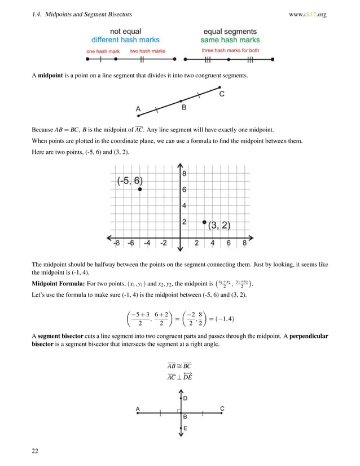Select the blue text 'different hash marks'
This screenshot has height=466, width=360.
125,40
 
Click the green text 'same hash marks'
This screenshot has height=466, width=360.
230,40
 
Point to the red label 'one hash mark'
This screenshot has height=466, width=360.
102,51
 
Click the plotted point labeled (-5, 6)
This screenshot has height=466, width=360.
139,190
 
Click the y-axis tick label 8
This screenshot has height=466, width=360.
185,174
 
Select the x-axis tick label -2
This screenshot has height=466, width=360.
164,244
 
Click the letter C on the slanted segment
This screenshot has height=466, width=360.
222,94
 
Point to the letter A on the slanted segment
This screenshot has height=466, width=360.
138,109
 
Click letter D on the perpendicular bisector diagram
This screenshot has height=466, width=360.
185,398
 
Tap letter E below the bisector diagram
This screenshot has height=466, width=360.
185,428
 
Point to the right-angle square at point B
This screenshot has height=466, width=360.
178,411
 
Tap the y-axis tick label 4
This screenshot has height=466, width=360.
185,205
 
